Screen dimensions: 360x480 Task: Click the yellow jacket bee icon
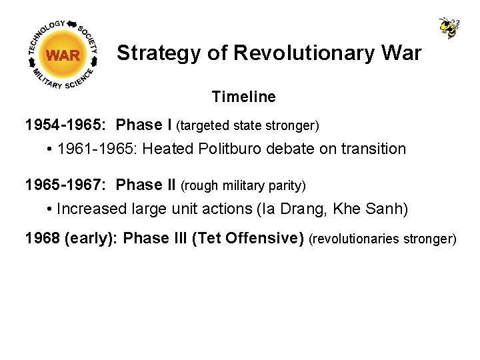[449, 27]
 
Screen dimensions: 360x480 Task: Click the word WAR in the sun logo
[63, 55]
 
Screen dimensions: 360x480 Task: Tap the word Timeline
[243, 97]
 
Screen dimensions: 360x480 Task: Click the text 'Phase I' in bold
[144, 125]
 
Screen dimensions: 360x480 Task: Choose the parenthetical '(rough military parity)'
[243, 185]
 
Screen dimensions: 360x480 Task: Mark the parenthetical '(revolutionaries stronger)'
[383, 239]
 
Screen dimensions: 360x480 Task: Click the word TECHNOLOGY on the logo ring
[47, 35]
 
